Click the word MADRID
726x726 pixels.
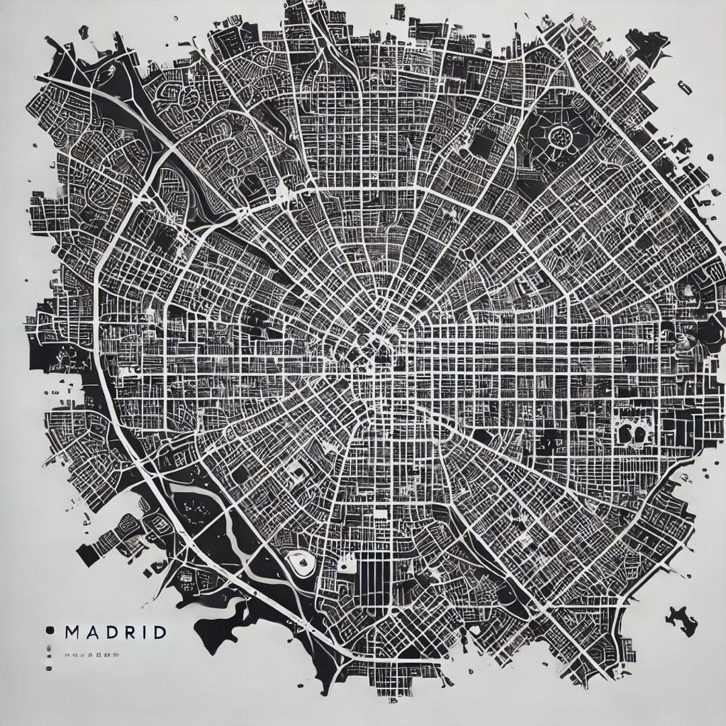(x=115, y=633)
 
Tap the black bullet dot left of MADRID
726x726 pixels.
(x=49, y=631)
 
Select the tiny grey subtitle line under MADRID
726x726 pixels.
(x=93, y=653)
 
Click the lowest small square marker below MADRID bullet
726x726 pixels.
(x=49, y=669)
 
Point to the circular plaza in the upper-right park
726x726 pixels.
(x=559, y=137)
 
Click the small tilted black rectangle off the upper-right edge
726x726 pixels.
(x=685, y=87)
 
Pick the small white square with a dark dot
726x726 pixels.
(x=347, y=567)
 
